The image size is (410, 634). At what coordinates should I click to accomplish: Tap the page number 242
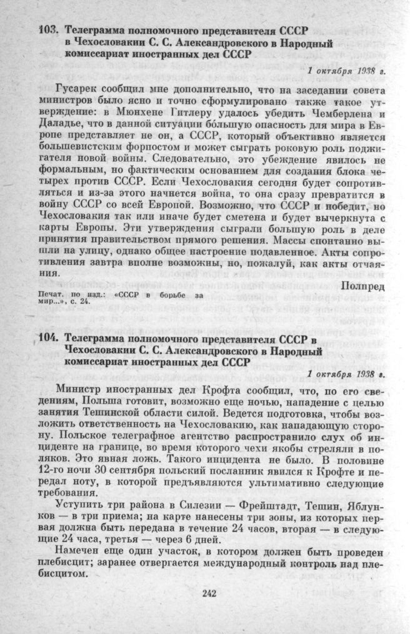coord(209,593)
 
